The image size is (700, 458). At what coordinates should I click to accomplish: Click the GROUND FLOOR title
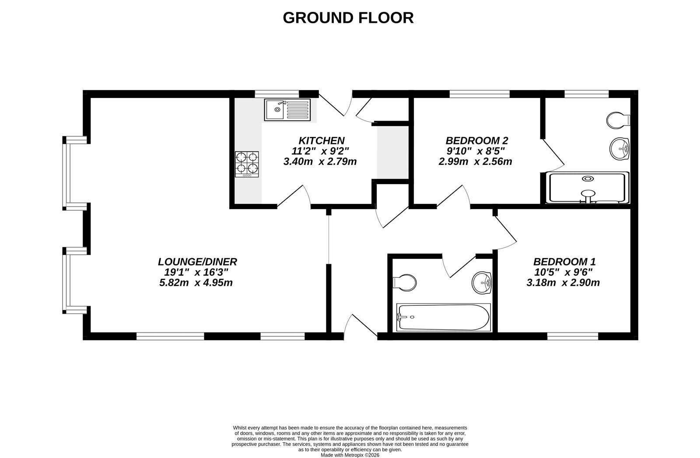click(x=348, y=18)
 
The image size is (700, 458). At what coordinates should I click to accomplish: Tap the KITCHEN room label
click(x=322, y=140)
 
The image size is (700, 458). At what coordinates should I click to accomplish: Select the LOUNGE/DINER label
click(x=197, y=262)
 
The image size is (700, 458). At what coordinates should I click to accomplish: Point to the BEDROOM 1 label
click(x=564, y=262)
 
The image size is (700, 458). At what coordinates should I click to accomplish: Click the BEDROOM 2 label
click(x=477, y=140)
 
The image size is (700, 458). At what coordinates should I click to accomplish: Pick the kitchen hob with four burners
click(x=247, y=164)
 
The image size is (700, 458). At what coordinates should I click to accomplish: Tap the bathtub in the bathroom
click(x=444, y=317)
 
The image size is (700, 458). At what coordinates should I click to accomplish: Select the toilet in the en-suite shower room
click(x=618, y=120)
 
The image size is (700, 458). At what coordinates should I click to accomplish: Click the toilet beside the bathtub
click(x=405, y=283)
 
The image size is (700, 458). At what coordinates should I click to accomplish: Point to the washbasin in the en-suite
click(x=619, y=149)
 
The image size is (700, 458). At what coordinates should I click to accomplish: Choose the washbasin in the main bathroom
click(x=482, y=283)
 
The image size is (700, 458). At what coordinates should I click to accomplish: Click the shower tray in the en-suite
click(x=588, y=188)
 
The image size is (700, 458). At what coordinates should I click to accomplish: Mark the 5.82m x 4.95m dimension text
click(x=196, y=283)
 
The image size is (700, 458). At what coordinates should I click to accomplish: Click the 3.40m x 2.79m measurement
click(x=320, y=162)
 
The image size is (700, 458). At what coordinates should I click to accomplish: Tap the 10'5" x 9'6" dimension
click(x=563, y=272)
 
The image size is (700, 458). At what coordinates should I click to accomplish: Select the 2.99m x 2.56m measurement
click(x=475, y=162)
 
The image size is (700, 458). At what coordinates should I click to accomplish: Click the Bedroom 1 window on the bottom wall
click(x=573, y=336)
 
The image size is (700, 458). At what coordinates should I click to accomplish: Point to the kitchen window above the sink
click(x=277, y=94)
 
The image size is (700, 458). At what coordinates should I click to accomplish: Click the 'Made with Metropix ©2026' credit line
click(x=350, y=455)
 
